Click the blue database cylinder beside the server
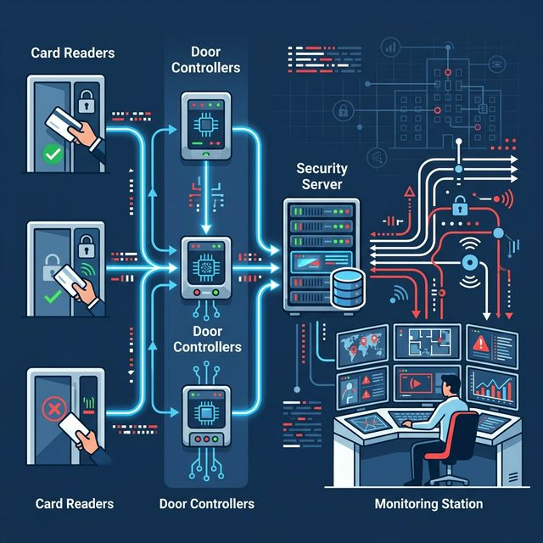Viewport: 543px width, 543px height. pos(345,287)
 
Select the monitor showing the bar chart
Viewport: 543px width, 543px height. pos(493,388)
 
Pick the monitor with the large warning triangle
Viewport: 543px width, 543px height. pos(487,344)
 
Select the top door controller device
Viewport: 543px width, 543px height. pos(205,126)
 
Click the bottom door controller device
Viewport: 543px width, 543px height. pos(206,415)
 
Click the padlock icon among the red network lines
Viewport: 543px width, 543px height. pos(459,205)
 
